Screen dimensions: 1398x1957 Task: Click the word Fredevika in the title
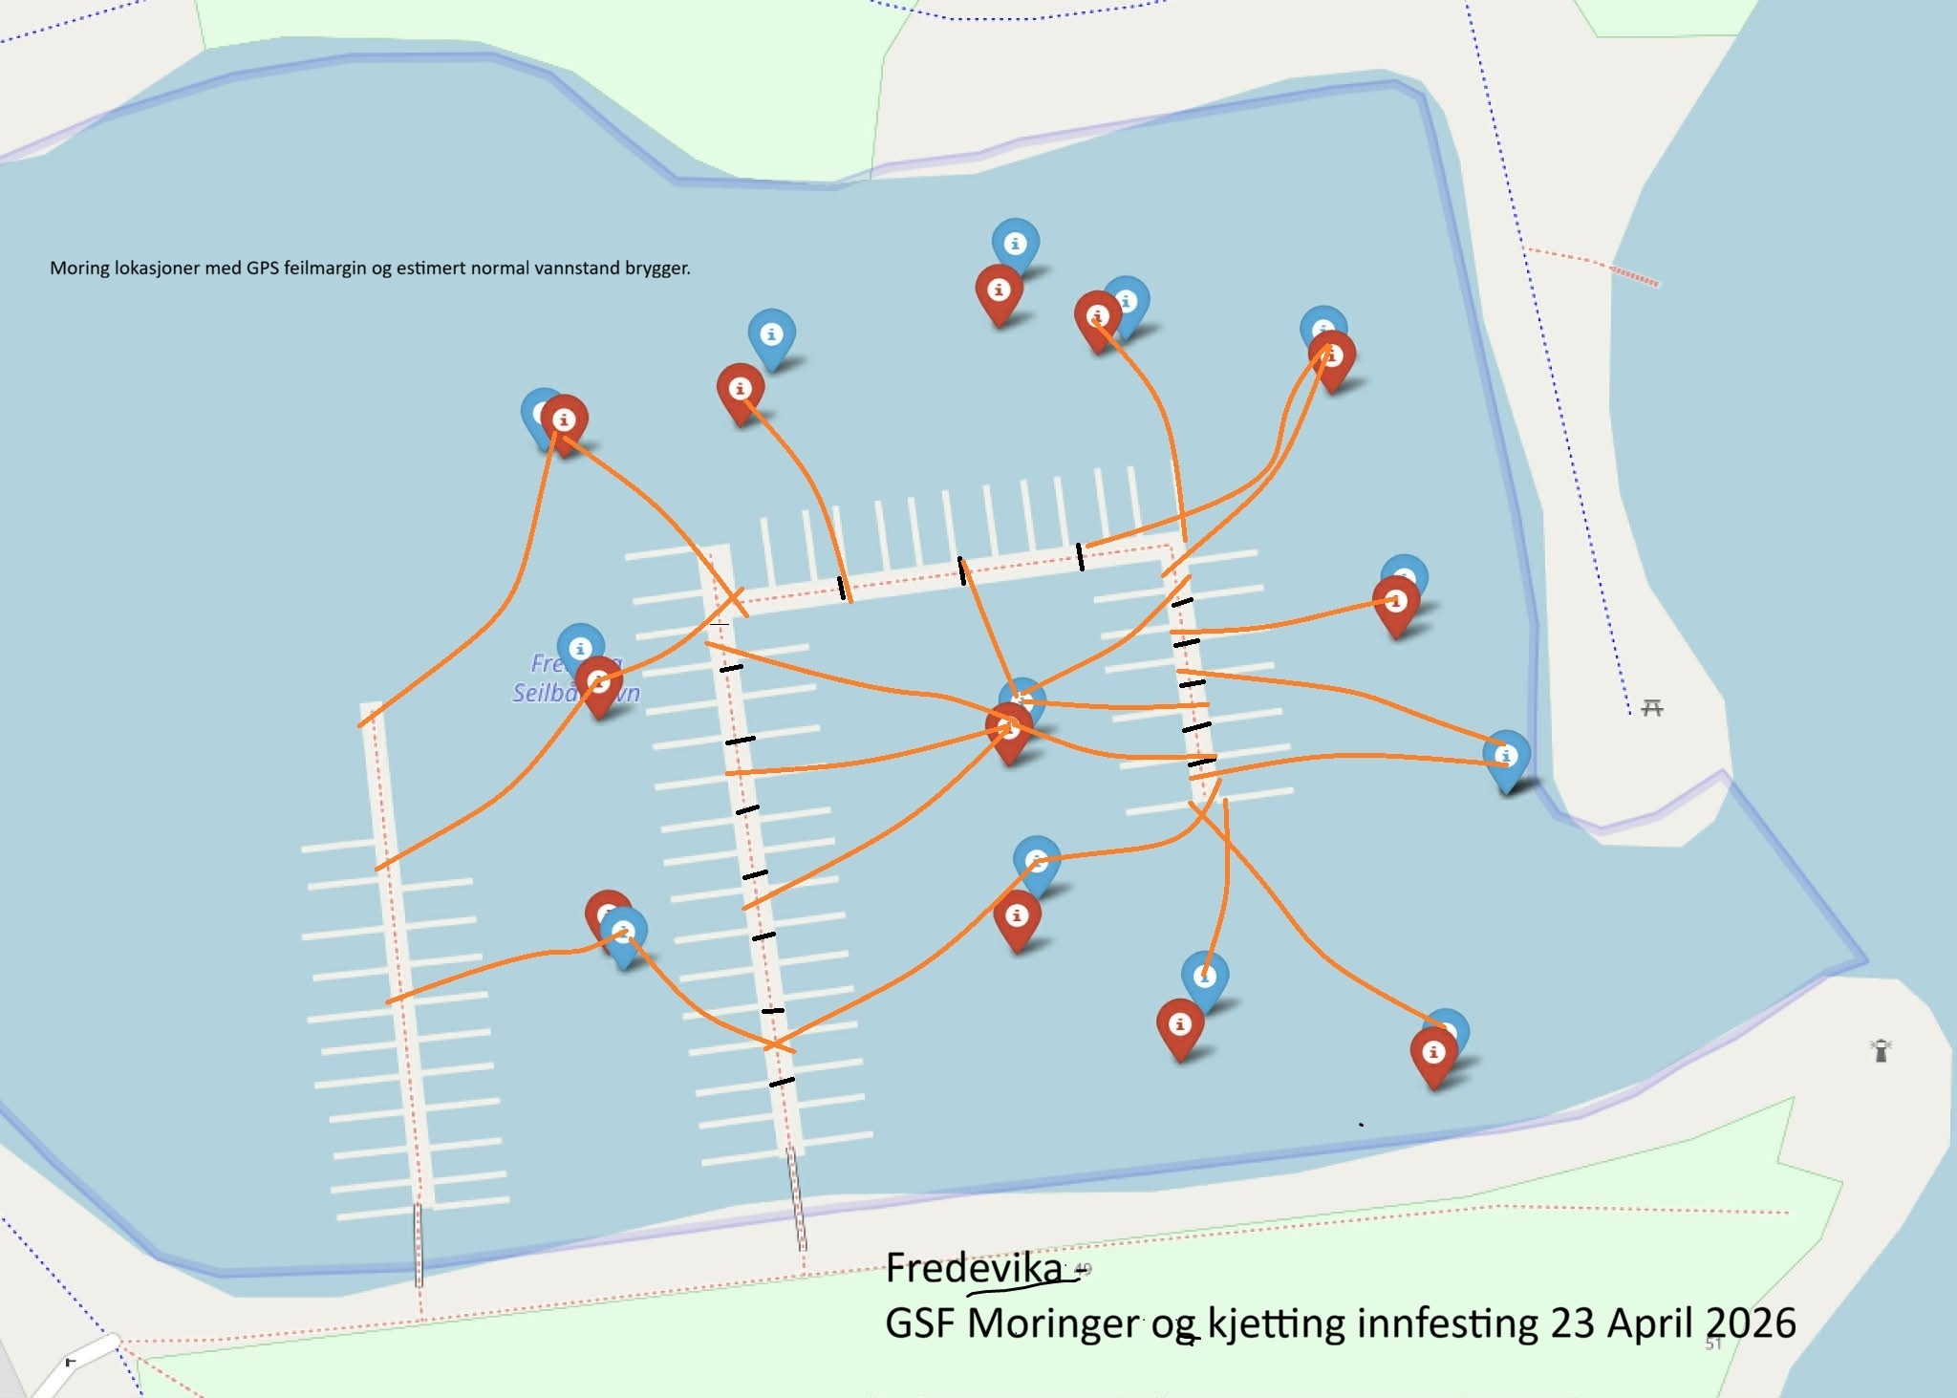974,1269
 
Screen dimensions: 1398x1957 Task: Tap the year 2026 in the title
1752,1324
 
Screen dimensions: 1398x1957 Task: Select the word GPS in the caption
264,269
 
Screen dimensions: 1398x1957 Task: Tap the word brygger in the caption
657,269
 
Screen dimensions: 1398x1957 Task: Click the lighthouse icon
1881,1050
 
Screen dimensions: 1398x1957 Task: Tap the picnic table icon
1652,708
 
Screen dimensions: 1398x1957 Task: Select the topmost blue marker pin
1016,244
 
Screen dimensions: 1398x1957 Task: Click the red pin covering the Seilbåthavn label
599,681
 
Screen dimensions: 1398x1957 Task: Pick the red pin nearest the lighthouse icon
1433,1052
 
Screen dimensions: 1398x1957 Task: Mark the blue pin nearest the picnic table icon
1506,756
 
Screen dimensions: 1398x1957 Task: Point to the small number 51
1713,1344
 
